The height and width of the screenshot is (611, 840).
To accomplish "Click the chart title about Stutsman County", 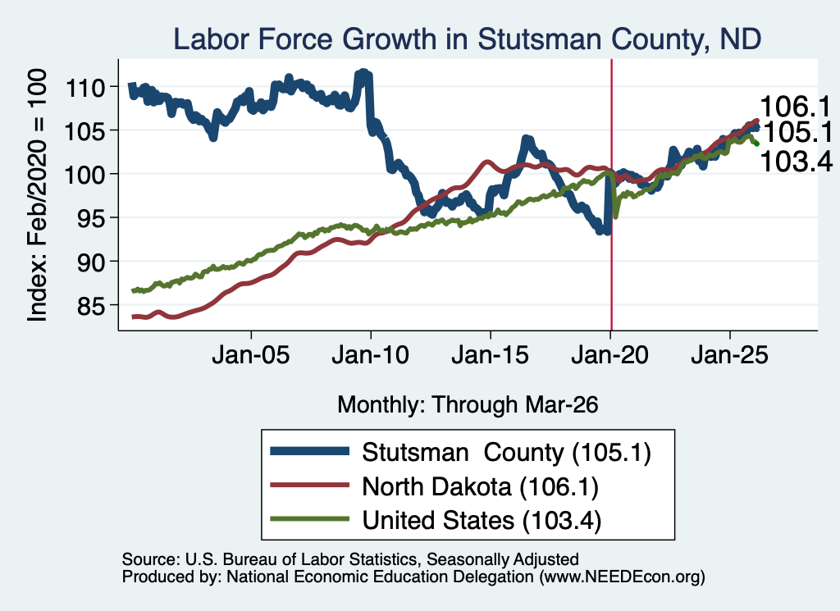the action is (x=467, y=39).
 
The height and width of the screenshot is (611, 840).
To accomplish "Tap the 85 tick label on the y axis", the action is (x=91, y=306).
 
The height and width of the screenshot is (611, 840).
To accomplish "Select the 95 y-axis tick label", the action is (x=91, y=218).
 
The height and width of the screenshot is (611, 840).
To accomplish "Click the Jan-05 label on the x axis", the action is (x=251, y=355).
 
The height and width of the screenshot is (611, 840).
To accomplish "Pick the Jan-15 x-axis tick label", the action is (x=491, y=355).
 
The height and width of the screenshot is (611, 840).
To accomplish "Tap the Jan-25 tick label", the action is (x=729, y=355).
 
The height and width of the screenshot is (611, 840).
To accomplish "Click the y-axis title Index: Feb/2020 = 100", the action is (x=38, y=195).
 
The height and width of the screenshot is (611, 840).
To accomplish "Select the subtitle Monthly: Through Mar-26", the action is (x=468, y=405).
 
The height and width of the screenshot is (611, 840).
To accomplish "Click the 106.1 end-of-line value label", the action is (x=795, y=107).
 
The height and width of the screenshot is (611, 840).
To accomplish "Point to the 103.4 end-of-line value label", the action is (x=796, y=162).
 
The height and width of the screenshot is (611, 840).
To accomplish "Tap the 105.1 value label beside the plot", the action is (x=798, y=132).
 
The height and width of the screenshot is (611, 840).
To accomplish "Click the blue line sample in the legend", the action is (x=309, y=451).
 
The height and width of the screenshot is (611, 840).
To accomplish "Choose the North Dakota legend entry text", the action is (x=480, y=487).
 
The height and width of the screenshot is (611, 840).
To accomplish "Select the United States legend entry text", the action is (x=482, y=521).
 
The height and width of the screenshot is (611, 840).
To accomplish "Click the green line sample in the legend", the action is (x=309, y=518).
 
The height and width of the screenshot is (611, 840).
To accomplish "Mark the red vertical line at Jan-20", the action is (x=611, y=194).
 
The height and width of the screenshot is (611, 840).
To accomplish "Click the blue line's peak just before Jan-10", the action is (x=363, y=72).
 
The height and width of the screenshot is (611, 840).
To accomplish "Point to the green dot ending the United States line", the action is (x=756, y=144).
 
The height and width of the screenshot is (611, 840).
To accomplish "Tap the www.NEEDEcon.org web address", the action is (x=622, y=577).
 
